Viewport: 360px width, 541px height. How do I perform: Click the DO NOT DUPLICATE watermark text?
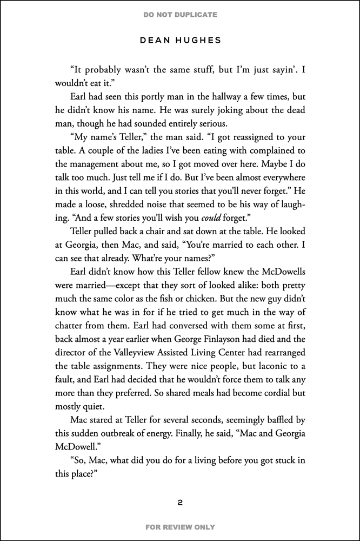(x=180, y=15)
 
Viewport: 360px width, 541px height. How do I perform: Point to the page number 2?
(x=180, y=503)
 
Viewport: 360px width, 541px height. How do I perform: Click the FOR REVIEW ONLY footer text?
(x=180, y=527)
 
